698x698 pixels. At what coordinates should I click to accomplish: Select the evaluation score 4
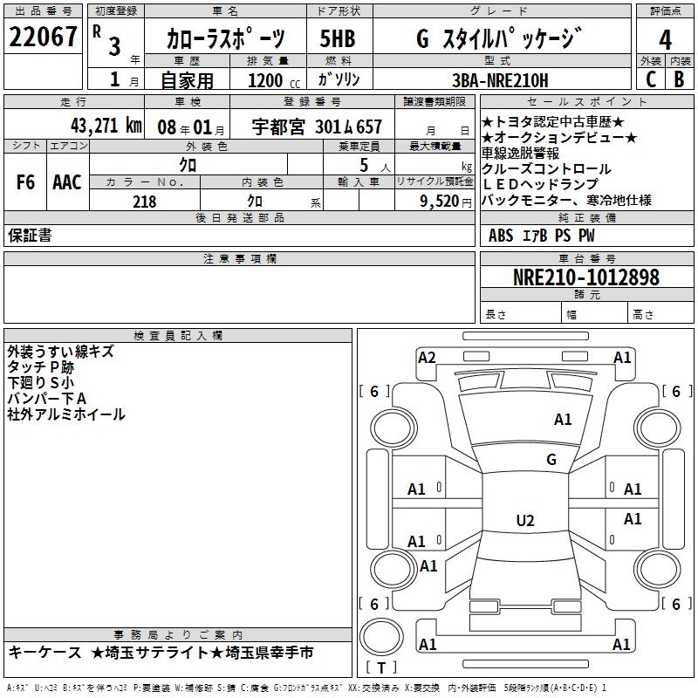point(665,40)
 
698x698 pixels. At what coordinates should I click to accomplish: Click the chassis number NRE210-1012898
point(585,277)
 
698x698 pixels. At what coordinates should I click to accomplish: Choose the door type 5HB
point(338,39)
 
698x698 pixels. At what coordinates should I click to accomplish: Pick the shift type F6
point(26,182)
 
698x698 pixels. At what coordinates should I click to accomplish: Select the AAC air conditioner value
point(67,182)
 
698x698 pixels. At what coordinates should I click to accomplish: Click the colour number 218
point(144,202)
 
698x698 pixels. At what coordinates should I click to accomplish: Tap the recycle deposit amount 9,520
point(439,202)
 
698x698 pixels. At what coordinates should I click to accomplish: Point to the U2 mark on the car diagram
point(524,521)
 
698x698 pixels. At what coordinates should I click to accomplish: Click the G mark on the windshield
point(551,459)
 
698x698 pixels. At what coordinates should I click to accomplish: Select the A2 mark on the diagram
point(427,357)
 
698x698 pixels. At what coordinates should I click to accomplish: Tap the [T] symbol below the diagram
point(381,668)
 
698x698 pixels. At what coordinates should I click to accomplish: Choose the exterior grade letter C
point(650,79)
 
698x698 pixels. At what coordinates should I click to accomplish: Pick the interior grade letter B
point(679,79)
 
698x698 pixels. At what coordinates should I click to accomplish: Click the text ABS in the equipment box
point(501,235)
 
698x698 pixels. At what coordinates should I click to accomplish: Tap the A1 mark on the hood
point(563,420)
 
